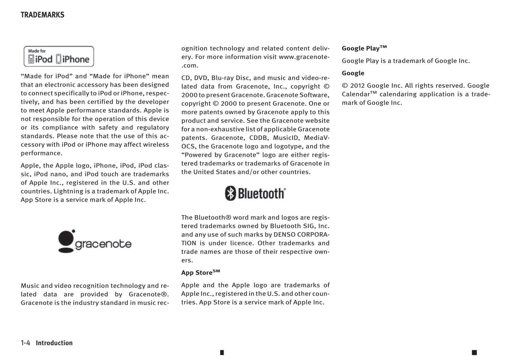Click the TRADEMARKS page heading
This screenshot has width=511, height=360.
coord(42,15)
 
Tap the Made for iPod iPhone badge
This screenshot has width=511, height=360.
coord(59,57)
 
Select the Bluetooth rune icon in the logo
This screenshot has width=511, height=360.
coord(231,193)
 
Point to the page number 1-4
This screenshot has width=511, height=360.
coord(25,343)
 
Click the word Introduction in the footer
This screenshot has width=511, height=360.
coord(54,343)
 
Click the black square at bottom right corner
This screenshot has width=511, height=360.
coord(474,352)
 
